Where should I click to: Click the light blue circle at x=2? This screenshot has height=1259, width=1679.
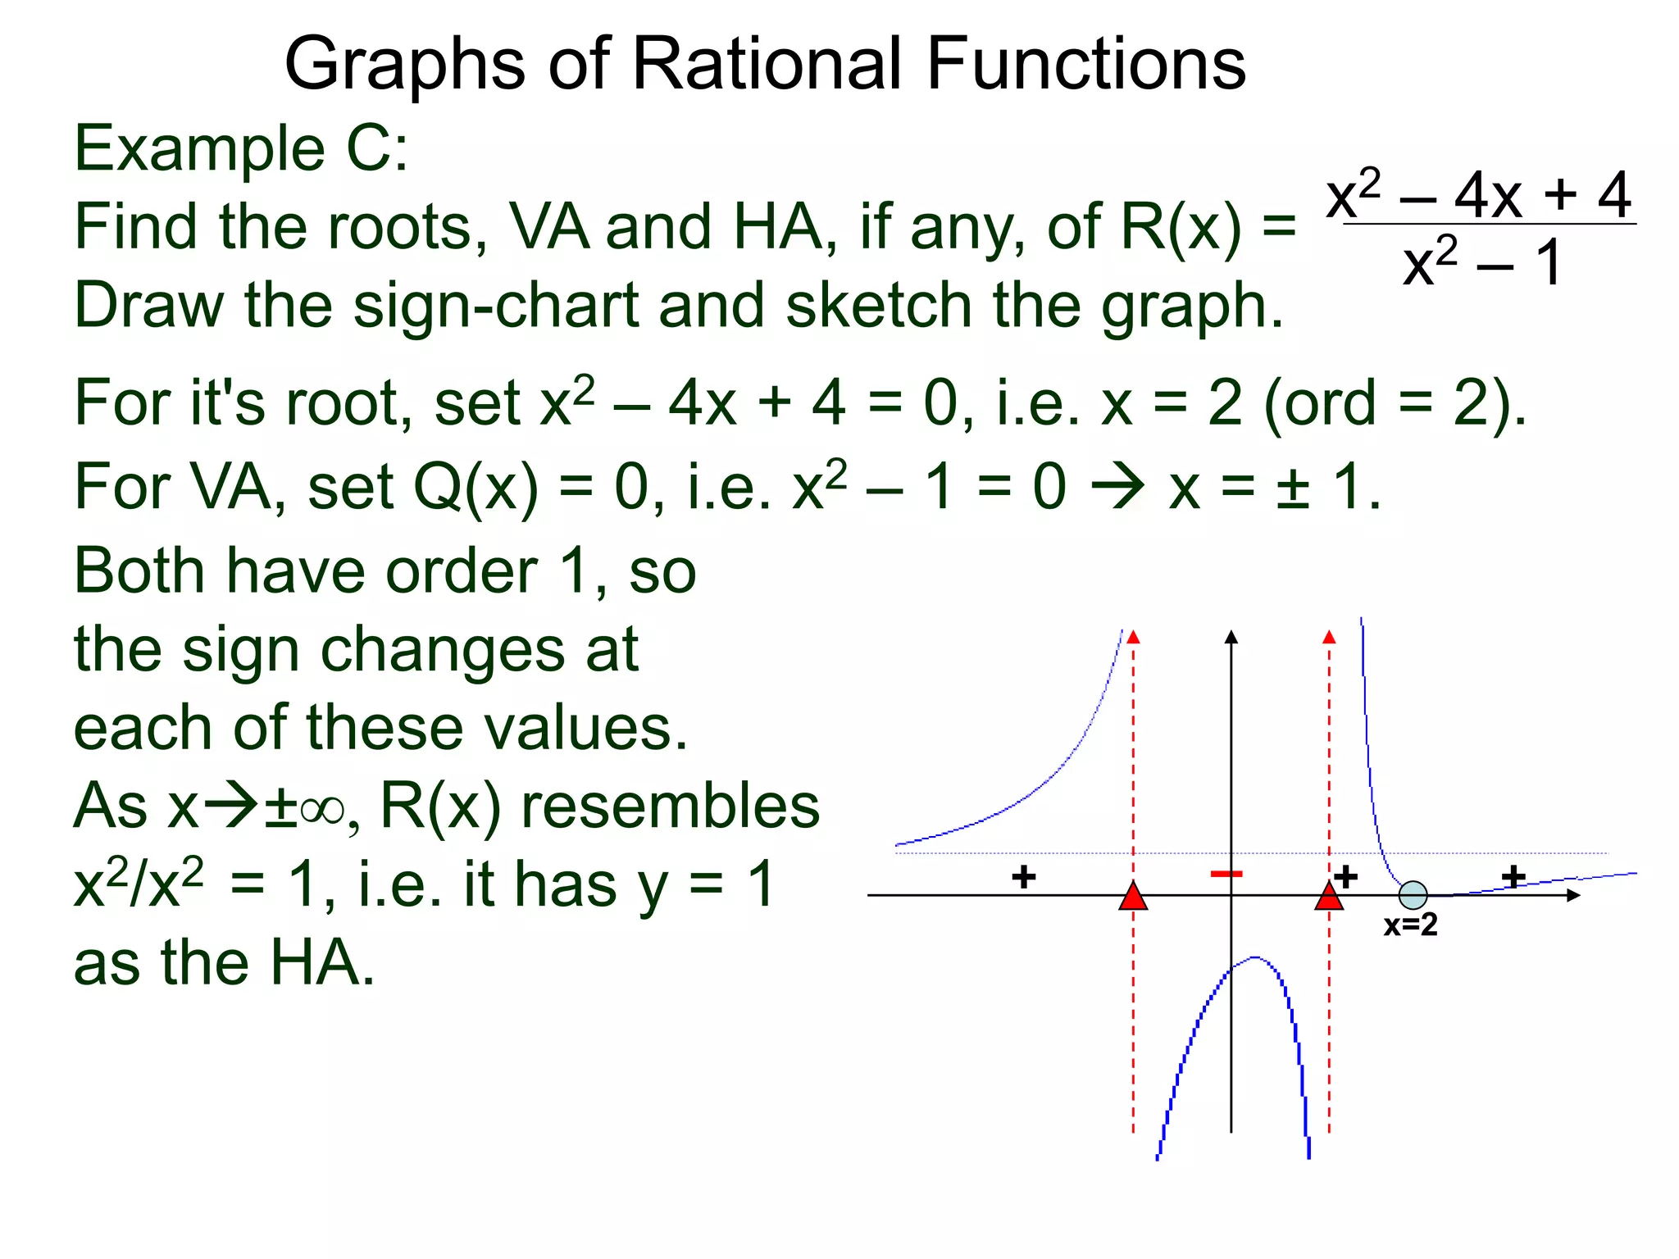click(x=1413, y=895)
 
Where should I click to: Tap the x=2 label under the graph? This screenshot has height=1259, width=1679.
click(x=1410, y=925)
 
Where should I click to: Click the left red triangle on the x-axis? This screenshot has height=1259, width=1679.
click(x=1133, y=897)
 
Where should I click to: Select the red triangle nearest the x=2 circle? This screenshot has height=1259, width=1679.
click(x=1329, y=897)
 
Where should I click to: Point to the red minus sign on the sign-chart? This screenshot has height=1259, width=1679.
click(x=1226, y=874)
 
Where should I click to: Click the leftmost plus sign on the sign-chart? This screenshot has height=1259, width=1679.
click(x=1023, y=877)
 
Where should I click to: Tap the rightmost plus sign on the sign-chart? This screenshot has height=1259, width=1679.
click(x=1513, y=877)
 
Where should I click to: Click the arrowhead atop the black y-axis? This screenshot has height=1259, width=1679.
click(x=1231, y=638)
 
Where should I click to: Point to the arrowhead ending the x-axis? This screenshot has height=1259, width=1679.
click(x=1572, y=895)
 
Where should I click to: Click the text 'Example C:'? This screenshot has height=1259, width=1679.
click(x=241, y=149)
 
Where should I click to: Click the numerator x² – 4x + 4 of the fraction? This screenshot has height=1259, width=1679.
click(x=1479, y=194)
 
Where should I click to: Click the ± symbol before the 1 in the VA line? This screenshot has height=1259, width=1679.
click(x=1293, y=487)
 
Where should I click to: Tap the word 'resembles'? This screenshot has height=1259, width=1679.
click(x=670, y=806)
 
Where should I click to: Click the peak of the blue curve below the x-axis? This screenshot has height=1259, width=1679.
click(x=1254, y=957)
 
